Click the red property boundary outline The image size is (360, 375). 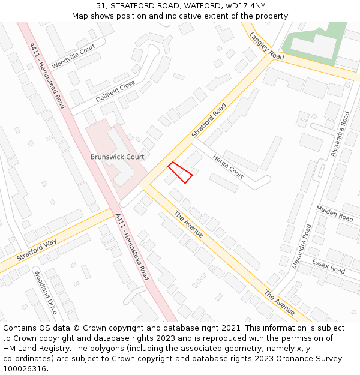pyautogui.click(x=180, y=172)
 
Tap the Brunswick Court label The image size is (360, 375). pyautogui.click(x=118, y=157)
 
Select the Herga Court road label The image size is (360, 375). pyautogui.click(x=228, y=166)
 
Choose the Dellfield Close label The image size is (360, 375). pyautogui.click(x=116, y=91)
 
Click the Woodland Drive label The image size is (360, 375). pyautogui.click(x=46, y=292)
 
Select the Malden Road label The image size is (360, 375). pyautogui.click(x=335, y=214)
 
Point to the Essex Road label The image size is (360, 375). pyautogui.click(x=328, y=266)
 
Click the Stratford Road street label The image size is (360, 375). pyautogui.click(x=209, y=121)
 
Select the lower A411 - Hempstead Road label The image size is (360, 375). pyautogui.click(x=131, y=247)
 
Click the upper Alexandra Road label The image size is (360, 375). pyautogui.click(x=340, y=134)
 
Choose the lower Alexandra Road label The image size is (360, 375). pyautogui.click(x=302, y=247)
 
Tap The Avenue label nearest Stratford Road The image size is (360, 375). pyautogui.click(x=188, y=224)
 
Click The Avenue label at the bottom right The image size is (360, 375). pyautogui.click(x=280, y=303)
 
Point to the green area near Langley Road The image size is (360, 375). pyautogui.click(x=312, y=42)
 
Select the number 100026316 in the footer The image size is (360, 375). pyautogui.click(x=25, y=369)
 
